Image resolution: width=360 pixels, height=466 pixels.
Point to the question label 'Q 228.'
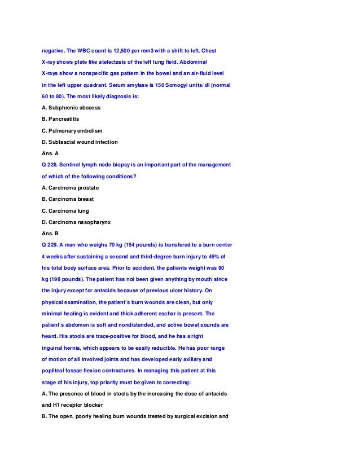(x=52, y=165)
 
